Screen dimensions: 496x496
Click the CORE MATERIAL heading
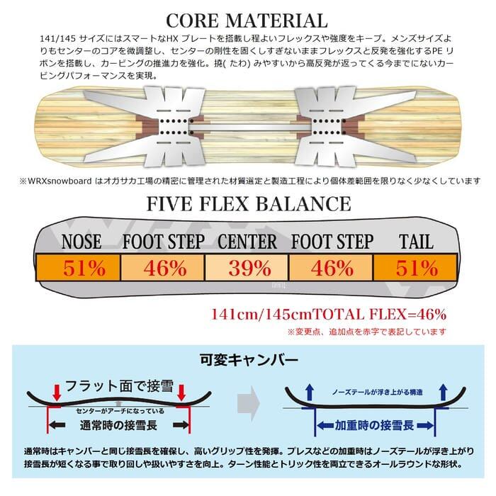[x=248, y=18]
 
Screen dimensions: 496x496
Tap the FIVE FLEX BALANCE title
[x=248, y=204]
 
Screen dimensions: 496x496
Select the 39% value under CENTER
[x=247, y=269]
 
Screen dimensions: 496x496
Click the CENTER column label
[x=247, y=242]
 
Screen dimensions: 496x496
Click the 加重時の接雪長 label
[x=366, y=426]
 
